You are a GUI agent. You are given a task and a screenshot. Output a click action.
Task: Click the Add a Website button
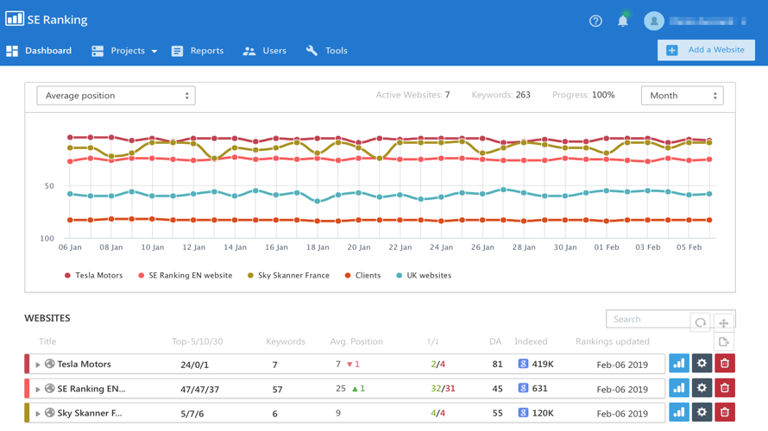(706, 50)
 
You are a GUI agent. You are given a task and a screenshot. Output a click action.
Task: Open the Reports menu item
(198, 51)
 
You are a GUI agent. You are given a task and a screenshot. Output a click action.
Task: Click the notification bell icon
(623, 21)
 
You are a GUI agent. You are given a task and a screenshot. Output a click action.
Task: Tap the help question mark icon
(595, 21)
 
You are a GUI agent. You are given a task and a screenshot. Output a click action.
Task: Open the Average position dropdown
(116, 96)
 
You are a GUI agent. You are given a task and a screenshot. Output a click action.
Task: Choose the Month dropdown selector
(682, 96)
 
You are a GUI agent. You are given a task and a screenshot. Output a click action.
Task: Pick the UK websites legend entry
(423, 276)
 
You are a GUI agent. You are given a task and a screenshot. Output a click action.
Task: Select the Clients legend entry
(362, 276)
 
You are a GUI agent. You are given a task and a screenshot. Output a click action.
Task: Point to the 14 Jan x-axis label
(235, 247)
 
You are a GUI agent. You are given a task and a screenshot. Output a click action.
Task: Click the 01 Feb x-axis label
(607, 247)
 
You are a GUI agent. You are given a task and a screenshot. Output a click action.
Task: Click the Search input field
(647, 319)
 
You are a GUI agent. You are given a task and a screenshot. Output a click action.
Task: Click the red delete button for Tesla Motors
(725, 364)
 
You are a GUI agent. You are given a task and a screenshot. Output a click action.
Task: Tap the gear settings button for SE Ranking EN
(702, 388)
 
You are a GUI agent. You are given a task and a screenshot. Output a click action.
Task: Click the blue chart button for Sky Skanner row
(679, 413)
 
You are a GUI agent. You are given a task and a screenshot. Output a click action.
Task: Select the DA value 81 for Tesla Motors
(497, 365)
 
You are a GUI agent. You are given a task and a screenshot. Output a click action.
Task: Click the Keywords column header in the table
(286, 341)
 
